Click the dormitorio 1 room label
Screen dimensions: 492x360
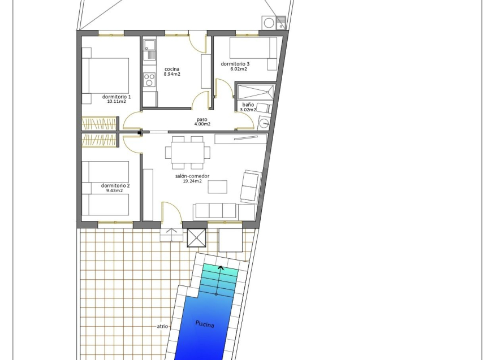116,97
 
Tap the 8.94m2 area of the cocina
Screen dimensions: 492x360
172,75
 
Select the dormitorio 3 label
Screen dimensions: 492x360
235,64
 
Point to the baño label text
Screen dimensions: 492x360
248,105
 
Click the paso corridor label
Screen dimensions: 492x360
202,119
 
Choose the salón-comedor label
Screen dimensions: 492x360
192,176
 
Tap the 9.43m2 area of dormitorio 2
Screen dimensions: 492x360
114,190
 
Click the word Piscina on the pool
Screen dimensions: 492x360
205,324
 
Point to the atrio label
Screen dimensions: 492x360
162,326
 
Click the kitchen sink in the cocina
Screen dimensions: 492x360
149,49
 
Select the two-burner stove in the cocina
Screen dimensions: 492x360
149,79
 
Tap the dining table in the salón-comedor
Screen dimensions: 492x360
188,153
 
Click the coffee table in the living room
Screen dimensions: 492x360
218,187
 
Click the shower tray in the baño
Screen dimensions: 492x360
255,92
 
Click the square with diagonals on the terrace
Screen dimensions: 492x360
196,238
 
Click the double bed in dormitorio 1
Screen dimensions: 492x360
105,76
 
